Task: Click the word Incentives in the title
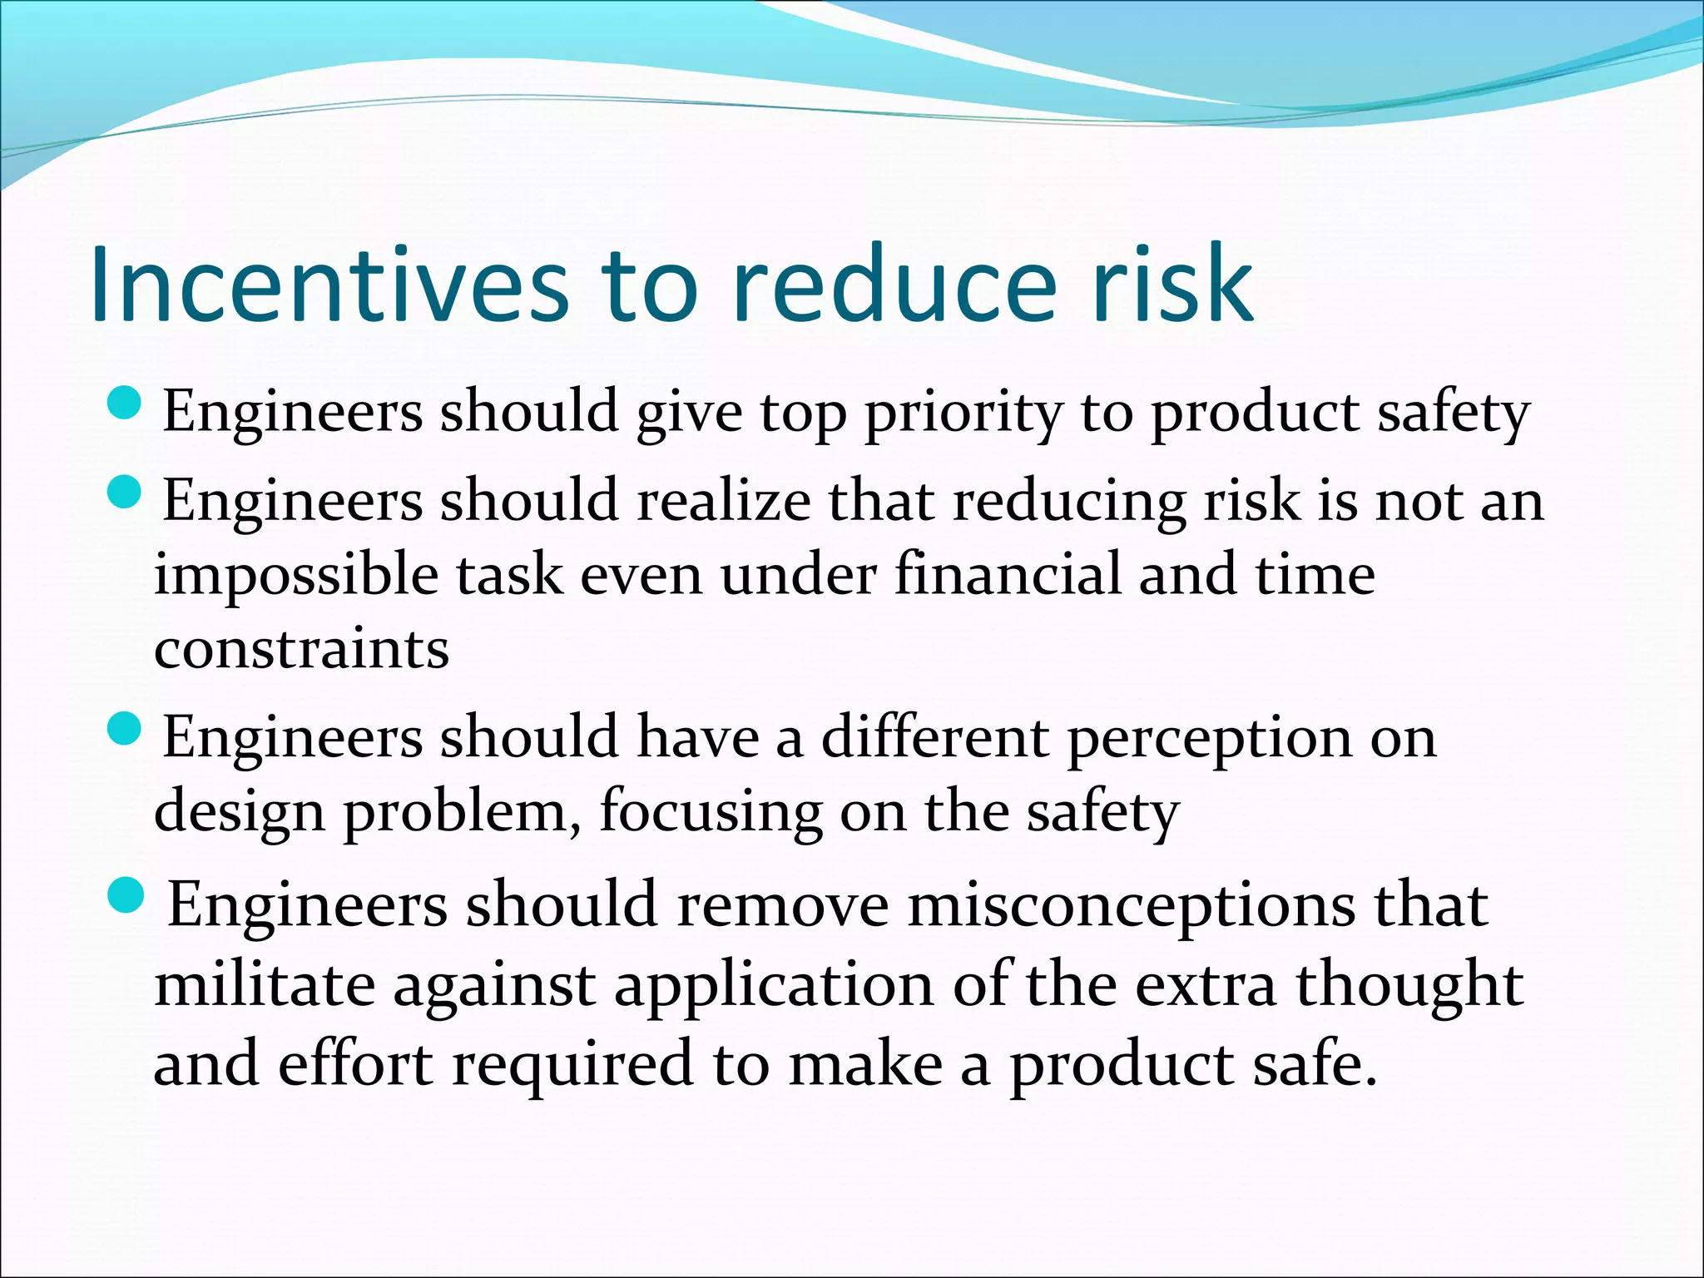pos(329,285)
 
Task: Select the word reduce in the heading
pos(894,285)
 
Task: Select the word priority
pos(963,414)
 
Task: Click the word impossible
pos(295,577)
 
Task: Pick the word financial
pos(1008,575)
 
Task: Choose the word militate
pos(265,985)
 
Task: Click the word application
pos(774,987)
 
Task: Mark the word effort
pos(355,1064)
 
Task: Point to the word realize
pos(723,502)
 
